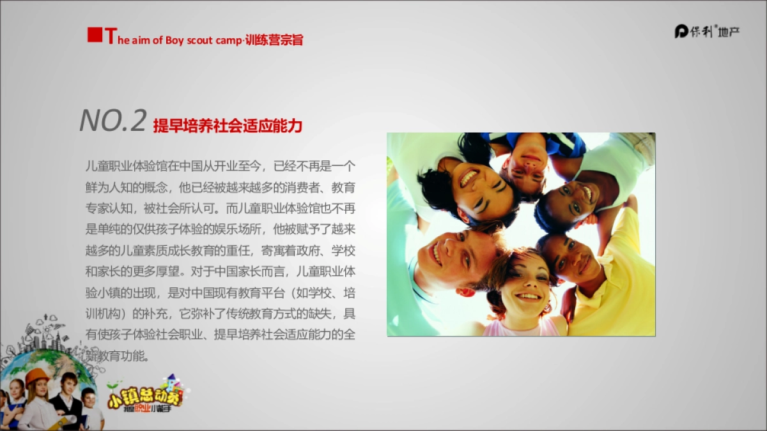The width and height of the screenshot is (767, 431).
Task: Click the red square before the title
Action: click(x=95, y=35)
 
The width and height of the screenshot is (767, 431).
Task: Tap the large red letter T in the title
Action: click(x=111, y=36)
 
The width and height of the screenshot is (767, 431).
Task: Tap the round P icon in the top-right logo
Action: click(x=681, y=31)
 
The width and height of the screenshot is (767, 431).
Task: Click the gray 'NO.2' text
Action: click(x=113, y=121)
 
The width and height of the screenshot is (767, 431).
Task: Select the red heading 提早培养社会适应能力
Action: click(x=228, y=126)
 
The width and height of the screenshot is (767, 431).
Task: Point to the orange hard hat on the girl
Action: click(x=36, y=375)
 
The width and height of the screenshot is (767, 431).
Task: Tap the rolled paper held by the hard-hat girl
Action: click(x=64, y=421)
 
